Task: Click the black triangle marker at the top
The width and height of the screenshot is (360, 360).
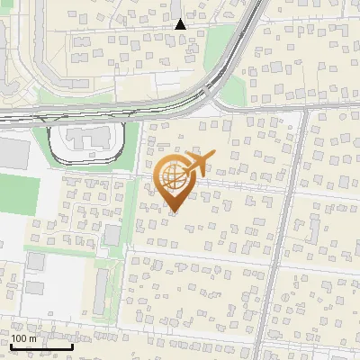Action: (x=180, y=24)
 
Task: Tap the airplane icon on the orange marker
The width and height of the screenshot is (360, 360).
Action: (x=199, y=163)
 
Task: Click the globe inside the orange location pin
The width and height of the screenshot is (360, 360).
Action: (x=173, y=178)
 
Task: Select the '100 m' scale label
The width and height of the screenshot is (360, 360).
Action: (x=23, y=338)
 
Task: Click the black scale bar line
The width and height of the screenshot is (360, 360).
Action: (x=41, y=346)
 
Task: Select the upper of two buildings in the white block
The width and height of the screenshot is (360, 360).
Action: (x=36, y=262)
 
